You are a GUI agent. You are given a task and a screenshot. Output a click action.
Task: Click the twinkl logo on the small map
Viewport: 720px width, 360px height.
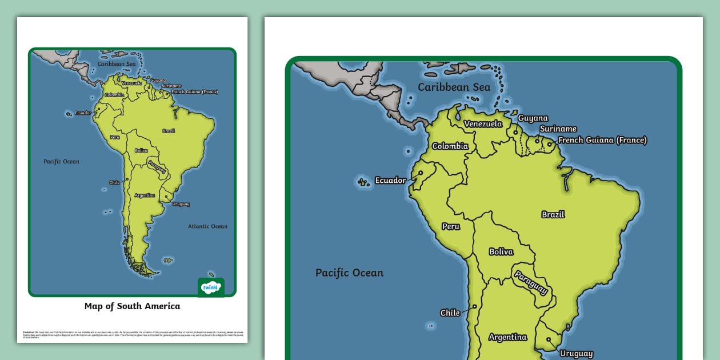[211, 287]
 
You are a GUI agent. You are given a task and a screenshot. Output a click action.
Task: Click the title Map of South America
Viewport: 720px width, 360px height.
[132, 306]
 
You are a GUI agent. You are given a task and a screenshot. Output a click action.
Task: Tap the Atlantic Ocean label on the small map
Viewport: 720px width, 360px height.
[207, 226]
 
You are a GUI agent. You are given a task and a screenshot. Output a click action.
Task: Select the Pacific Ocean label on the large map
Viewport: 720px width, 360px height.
[349, 273]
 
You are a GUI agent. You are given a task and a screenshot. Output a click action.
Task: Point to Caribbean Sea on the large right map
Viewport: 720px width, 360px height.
[454, 87]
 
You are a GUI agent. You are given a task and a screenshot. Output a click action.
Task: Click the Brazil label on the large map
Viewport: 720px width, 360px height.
[553, 214]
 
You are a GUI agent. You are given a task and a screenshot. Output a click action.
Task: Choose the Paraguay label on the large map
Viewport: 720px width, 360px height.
[531, 282]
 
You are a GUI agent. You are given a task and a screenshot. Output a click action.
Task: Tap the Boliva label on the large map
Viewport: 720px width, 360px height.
[501, 251]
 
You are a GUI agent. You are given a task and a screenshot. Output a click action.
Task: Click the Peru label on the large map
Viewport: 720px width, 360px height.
[450, 226]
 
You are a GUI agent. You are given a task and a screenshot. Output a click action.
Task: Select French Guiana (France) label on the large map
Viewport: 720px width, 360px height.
[602, 140]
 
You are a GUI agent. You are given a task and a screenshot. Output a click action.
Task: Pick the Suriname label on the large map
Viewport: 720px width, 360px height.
[558, 129]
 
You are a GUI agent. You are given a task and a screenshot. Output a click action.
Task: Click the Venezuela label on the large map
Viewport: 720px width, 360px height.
[483, 124]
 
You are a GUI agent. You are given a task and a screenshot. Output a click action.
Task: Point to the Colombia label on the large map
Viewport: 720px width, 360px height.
[450, 146]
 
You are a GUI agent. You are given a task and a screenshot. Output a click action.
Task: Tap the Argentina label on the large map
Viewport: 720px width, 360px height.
[507, 337]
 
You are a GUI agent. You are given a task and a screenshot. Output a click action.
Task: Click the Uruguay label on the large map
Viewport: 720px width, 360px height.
[576, 354]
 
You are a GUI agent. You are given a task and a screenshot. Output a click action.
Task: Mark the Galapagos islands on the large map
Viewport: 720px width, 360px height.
[362, 182]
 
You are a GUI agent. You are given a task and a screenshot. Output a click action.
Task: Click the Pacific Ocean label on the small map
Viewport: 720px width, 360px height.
[61, 162]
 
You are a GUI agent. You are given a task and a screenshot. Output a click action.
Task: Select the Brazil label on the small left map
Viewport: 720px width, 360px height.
[169, 131]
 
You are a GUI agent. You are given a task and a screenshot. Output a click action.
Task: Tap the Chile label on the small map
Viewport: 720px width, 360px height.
[114, 183]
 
